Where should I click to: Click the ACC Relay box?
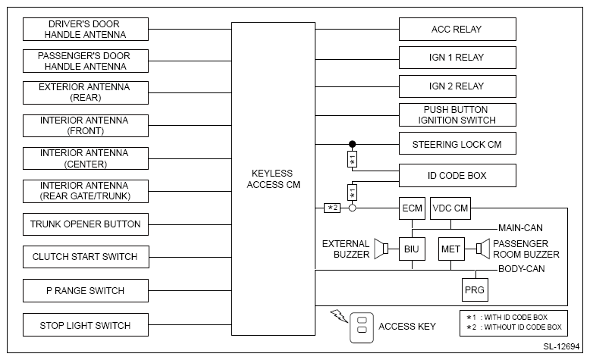457,30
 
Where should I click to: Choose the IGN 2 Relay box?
457,85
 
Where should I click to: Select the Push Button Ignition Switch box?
457,115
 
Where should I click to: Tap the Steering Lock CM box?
457,143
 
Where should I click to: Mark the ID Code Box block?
457,176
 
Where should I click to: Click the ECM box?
412,208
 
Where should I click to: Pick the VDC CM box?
450,208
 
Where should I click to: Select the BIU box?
412,249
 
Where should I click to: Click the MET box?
450,249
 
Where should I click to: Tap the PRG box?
475,290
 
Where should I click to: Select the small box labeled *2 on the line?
332,208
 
